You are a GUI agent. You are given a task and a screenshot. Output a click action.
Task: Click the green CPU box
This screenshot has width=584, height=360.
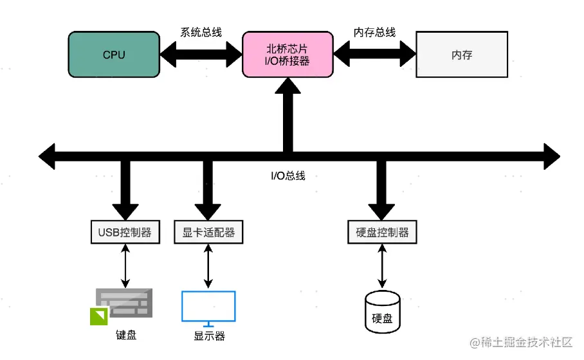click(114, 55)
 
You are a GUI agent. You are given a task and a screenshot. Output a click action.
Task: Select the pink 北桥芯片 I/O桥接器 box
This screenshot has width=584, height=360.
click(287, 55)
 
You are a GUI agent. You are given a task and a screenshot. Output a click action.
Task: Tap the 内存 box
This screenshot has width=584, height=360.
click(462, 55)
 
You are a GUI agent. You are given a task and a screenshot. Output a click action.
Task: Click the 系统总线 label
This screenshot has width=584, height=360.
click(201, 32)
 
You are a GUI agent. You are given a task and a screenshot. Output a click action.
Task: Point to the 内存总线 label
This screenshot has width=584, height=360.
click(374, 32)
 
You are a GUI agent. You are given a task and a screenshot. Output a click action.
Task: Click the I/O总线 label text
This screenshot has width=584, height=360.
click(287, 175)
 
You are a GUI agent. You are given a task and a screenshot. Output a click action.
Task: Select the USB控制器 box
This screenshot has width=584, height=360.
click(125, 232)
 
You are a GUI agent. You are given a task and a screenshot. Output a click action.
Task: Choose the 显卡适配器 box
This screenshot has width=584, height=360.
click(208, 232)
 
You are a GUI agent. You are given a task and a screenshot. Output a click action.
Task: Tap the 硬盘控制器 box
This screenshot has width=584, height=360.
click(382, 232)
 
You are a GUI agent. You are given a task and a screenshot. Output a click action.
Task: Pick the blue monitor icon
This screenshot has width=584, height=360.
click(208, 307)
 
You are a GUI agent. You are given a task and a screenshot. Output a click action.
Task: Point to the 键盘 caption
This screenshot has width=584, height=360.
click(126, 335)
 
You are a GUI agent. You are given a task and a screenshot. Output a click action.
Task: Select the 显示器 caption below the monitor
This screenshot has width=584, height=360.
click(209, 336)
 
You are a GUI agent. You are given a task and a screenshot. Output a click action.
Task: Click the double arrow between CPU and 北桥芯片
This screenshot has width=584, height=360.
click(201, 55)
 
